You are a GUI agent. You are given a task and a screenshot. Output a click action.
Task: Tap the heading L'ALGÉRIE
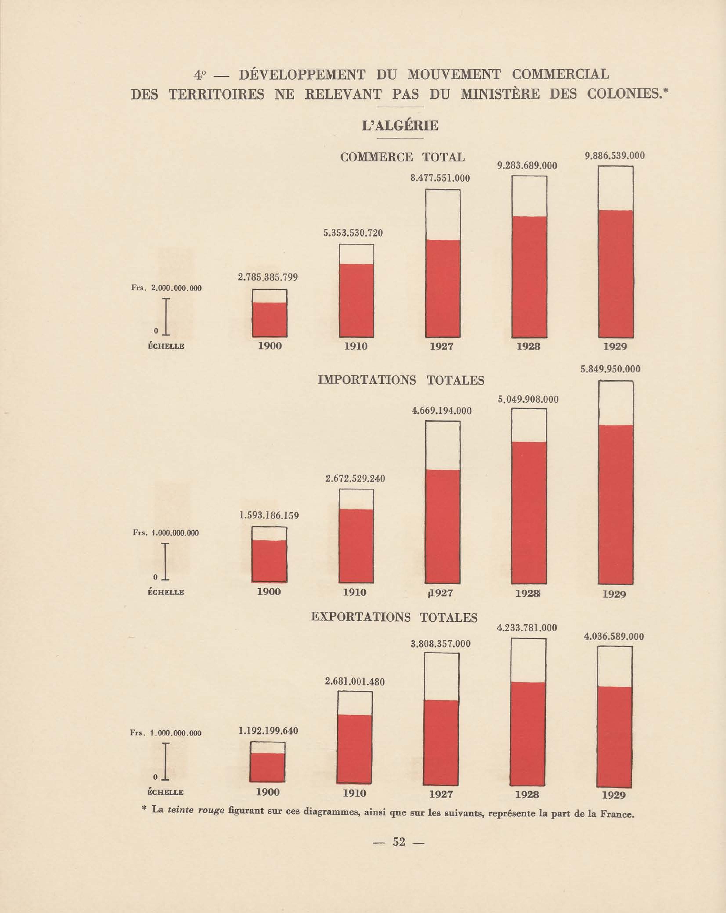[400, 126]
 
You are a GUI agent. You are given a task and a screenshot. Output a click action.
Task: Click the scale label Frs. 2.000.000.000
[166, 288]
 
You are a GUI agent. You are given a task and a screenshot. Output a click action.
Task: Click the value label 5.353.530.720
[353, 233]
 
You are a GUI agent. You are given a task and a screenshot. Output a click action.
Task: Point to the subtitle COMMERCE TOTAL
[402, 157]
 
